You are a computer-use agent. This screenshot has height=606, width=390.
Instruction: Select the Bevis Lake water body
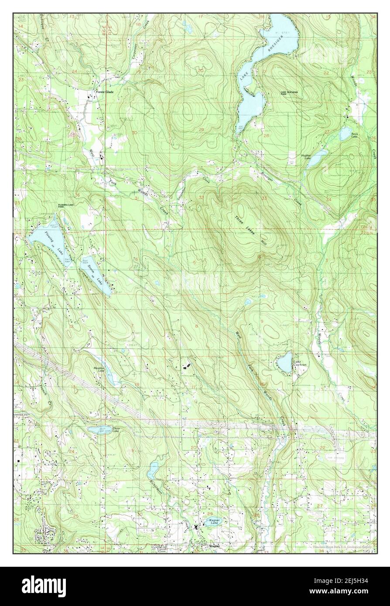point(345,133)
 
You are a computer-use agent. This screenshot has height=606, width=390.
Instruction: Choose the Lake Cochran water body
point(284,362)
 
